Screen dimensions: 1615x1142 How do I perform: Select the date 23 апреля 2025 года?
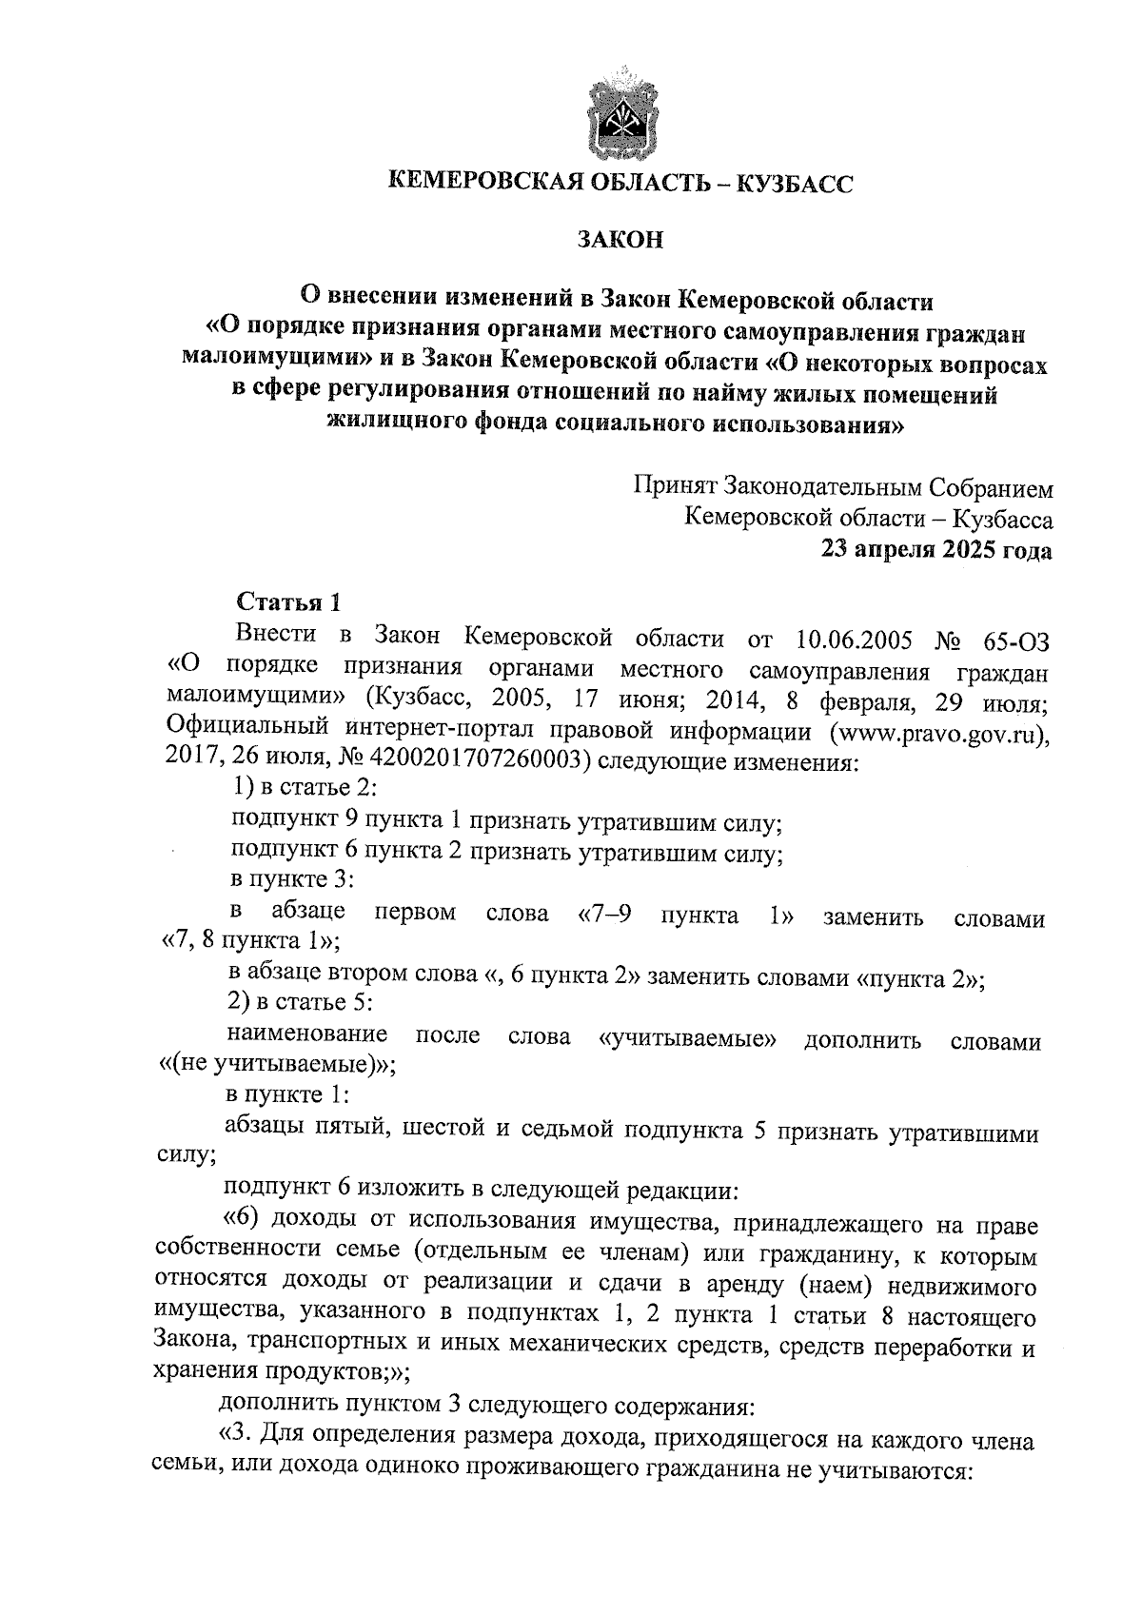[x=937, y=550]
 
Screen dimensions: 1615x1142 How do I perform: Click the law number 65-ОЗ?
[x=1015, y=638]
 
